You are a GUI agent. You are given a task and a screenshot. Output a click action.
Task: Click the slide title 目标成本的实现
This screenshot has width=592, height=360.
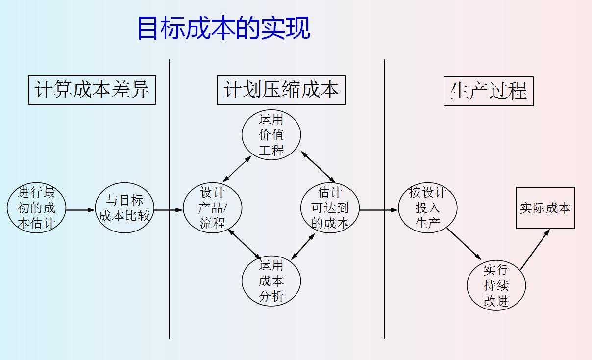click(x=223, y=28)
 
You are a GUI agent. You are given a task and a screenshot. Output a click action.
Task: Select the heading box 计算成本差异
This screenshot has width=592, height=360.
click(x=92, y=90)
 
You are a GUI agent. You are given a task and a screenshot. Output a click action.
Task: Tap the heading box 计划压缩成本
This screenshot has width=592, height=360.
click(x=281, y=90)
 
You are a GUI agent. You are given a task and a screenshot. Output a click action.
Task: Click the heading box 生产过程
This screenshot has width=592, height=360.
click(x=488, y=91)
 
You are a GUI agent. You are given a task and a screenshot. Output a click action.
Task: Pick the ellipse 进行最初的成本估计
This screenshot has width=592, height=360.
click(x=37, y=208)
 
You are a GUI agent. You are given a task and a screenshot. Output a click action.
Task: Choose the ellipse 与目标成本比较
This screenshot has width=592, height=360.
click(x=124, y=208)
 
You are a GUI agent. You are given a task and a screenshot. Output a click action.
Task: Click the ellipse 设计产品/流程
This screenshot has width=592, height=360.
click(x=212, y=208)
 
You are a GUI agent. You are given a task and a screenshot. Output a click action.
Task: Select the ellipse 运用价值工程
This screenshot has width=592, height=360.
click(x=271, y=135)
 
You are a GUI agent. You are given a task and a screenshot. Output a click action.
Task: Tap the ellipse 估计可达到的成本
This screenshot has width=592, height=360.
click(x=330, y=208)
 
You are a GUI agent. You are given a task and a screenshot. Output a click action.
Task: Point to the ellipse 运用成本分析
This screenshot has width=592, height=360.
click(x=271, y=282)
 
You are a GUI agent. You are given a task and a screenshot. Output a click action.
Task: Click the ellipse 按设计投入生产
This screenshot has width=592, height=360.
click(x=428, y=208)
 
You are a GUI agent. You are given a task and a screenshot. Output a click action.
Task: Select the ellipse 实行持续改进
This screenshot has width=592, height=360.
click(x=496, y=285)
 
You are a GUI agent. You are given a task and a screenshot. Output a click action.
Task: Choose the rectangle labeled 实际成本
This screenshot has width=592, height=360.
click(x=545, y=208)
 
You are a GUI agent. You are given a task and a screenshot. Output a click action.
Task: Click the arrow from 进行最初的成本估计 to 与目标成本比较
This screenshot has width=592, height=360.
click(x=80, y=210)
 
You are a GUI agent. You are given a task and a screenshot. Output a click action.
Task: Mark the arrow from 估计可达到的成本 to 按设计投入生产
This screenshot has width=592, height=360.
click(x=378, y=210)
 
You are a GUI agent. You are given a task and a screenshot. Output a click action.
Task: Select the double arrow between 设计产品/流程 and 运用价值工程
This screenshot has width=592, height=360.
click(x=237, y=169)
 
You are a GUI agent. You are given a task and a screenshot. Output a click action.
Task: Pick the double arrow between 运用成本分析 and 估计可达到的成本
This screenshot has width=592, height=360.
click(x=303, y=246)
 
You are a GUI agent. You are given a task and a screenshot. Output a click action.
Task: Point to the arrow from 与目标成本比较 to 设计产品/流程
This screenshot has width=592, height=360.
click(x=168, y=210)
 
